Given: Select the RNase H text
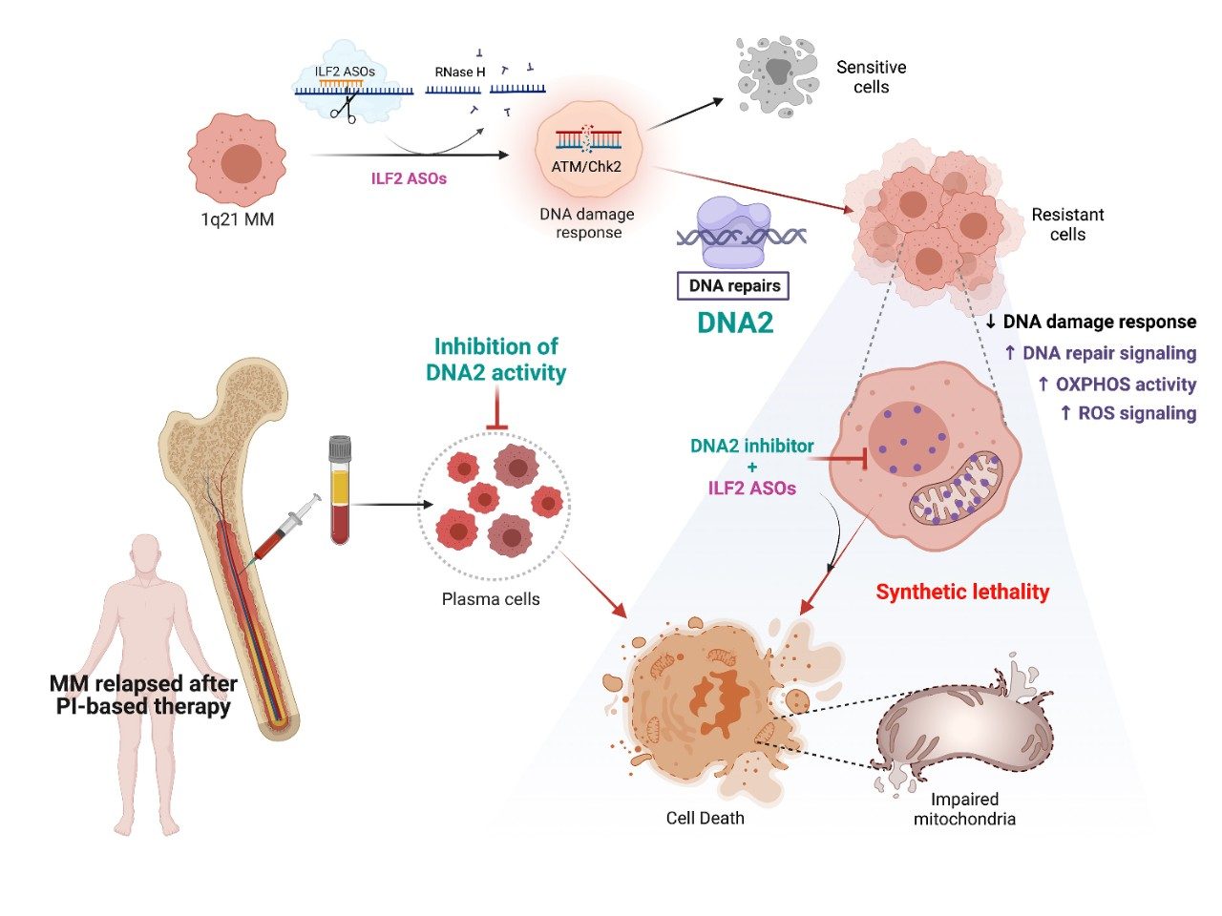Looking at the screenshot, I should tap(460, 72).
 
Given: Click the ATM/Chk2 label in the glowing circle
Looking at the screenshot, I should tap(587, 166).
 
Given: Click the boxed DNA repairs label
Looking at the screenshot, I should tap(734, 285).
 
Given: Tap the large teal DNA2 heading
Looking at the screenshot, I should tap(735, 323).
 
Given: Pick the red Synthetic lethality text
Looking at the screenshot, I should tap(962, 592).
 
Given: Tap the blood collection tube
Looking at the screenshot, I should tap(340, 489).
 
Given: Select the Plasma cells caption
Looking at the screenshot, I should tap(491, 599).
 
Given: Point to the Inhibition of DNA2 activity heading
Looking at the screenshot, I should tap(495, 359).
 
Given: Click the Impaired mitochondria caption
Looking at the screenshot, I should tap(964, 809).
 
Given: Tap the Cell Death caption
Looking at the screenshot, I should tap(705, 818).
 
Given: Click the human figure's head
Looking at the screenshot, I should tap(146, 554).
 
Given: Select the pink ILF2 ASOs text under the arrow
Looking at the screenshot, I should tap(409, 178).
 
